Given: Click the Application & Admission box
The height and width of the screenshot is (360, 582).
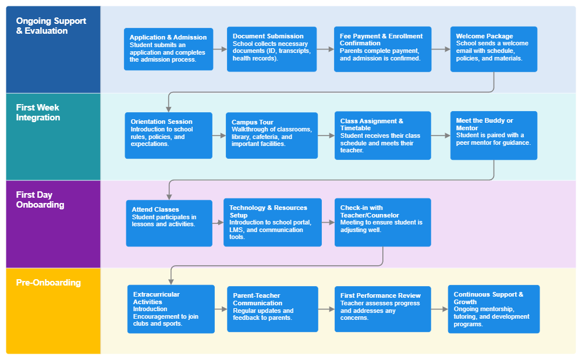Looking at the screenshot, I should coord(168,49).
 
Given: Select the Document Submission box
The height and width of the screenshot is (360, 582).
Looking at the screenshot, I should coord(272,49).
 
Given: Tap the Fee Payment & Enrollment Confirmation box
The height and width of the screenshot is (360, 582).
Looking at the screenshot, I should coord(382,49).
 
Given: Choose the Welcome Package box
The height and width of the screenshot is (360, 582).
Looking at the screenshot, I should coord(494,49).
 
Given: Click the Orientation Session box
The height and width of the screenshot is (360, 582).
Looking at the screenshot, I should coord(168,136).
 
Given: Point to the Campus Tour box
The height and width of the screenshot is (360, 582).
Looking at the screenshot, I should coord(272,136).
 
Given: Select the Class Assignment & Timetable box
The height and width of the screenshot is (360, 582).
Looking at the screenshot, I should coord(382,136).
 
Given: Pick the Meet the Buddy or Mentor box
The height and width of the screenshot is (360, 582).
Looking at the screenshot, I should coord(494,136).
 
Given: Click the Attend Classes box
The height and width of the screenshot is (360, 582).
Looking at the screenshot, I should coord(169,223).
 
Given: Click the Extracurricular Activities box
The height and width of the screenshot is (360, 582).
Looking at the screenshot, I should coord(171,309).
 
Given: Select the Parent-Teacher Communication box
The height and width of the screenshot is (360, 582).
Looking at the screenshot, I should coord(272,309).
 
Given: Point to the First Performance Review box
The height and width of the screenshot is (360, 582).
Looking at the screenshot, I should coord(382,309).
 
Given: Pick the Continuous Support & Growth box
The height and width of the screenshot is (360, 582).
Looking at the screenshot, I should coord(494,309).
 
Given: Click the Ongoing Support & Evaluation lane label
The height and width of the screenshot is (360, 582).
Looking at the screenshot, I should coord(51,26).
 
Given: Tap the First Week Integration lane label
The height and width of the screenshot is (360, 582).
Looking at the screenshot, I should coord(38,113).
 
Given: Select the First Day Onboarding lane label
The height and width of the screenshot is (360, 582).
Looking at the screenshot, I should coord(40,200).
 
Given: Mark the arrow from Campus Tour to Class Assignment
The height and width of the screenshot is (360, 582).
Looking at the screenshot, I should coord(326,136).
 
